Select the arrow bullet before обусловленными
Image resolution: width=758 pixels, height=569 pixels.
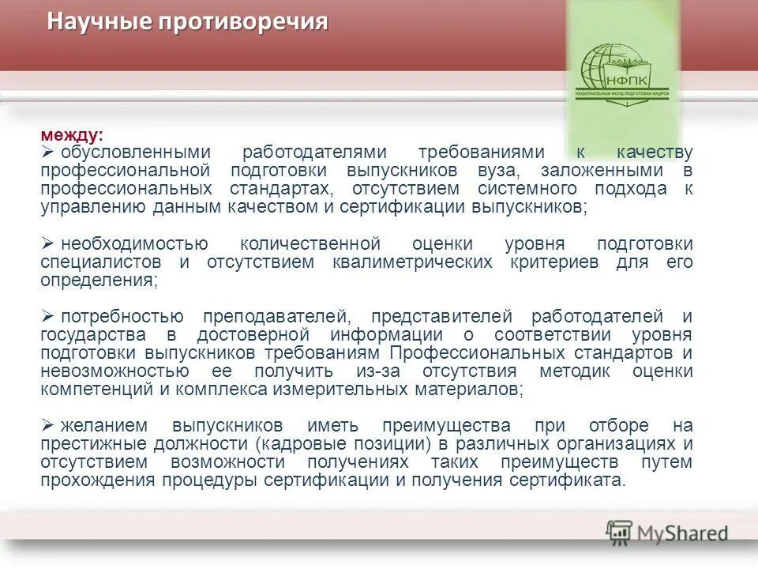[x=47, y=152]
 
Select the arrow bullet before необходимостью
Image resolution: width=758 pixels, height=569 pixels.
[x=47, y=243]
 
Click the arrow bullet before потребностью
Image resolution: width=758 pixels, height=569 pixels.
[x=47, y=317]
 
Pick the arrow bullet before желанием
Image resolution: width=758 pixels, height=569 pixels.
[x=47, y=426]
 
